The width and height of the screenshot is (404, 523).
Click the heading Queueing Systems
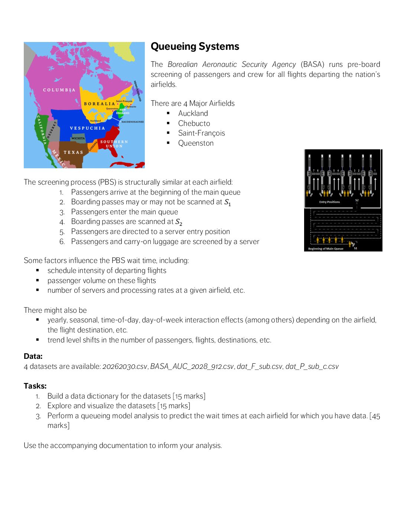(195, 46)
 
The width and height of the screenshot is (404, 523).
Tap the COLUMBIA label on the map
(59, 90)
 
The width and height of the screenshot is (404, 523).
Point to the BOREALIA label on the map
(99, 104)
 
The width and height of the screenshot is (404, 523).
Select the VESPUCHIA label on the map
(87, 128)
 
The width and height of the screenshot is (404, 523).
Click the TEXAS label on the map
(73, 152)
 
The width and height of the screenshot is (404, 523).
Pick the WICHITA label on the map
(78, 139)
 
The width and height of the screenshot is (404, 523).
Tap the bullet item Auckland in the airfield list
(193, 113)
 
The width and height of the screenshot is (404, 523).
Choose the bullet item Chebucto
(194, 123)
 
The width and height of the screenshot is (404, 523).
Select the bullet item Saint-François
(201, 133)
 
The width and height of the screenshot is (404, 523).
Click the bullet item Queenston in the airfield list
(196, 143)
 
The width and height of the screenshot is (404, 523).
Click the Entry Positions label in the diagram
(329, 202)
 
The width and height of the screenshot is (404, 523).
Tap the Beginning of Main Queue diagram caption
(326, 248)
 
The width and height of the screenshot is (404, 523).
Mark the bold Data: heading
(33, 356)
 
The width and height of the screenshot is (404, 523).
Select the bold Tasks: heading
(35, 386)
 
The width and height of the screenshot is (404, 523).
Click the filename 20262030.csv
(124, 367)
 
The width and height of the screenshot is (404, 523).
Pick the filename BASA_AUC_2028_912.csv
(192, 367)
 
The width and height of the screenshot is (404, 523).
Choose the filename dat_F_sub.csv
(259, 367)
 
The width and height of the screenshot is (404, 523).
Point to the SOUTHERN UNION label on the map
(114, 144)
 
